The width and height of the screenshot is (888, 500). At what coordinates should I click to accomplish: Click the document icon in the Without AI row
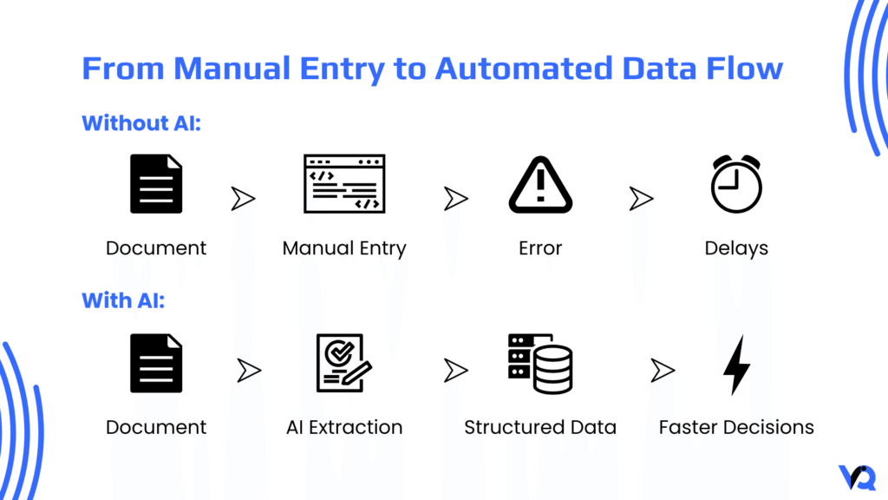(x=156, y=184)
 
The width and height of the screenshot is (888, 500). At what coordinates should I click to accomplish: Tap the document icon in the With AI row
(x=156, y=364)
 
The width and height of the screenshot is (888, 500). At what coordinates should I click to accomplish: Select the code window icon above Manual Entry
(x=344, y=184)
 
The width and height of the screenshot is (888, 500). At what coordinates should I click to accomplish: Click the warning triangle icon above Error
(x=540, y=184)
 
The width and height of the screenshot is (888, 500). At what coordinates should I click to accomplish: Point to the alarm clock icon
(x=735, y=184)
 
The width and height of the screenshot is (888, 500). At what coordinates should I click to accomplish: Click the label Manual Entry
(x=344, y=248)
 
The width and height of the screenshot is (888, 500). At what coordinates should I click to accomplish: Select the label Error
(x=540, y=248)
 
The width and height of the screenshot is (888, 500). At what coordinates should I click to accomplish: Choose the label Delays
(x=735, y=248)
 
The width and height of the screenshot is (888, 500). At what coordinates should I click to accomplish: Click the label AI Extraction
(x=344, y=427)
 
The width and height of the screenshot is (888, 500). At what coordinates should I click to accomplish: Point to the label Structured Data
(x=540, y=427)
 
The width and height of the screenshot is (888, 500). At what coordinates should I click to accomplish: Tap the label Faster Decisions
(x=735, y=427)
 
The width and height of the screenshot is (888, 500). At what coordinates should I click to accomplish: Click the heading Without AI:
(x=141, y=123)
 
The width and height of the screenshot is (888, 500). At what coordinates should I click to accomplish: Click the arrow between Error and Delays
(x=641, y=199)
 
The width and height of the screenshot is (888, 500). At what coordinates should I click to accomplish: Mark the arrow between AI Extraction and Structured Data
(x=455, y=372)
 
